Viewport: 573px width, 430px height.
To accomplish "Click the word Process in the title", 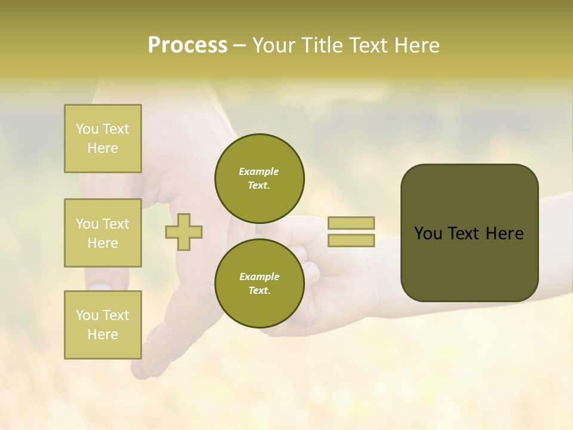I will (x=187, y=45).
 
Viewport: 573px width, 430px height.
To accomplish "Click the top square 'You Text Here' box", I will (x=103, y=139).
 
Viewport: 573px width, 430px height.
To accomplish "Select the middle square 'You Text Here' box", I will (x=103, y=233).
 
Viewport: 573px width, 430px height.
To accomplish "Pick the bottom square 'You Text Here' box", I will (x=103, y=325).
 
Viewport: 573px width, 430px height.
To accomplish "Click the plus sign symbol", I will (x=184, y=232).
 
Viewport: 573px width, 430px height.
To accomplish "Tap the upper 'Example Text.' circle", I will (x=259, y=178).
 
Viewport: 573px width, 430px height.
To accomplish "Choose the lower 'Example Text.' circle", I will (x=259, y=283).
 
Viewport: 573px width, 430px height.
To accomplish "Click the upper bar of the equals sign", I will (x=351, y=223).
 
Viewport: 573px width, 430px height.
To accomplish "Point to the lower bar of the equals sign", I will (x=351, y=241).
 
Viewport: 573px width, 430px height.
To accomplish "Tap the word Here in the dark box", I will (x=504, y=234).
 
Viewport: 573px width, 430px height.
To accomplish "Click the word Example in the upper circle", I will (x=259, y=171).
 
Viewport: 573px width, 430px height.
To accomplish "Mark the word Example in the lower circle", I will (x=259, y=277).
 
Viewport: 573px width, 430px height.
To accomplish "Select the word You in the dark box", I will (x=429, y=234).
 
